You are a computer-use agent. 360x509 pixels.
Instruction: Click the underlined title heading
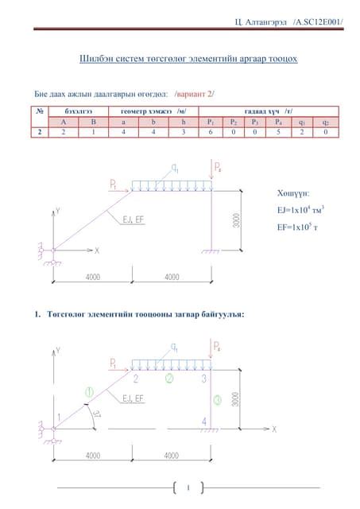click(188, 59)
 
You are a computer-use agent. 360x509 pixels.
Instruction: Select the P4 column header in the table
click(277, 122)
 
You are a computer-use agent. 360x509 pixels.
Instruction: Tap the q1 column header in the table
click(302, 122)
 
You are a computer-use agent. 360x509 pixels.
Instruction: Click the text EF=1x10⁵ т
click(295, 229)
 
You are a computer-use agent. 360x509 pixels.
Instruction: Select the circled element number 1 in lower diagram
click(89, 391)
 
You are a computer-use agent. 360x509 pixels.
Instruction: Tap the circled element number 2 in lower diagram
click(168, 379)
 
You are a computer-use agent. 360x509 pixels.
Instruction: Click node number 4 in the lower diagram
click(205, 422)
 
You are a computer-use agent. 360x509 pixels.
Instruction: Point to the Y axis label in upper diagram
click(57, 212)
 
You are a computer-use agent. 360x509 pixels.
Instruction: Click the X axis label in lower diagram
click(274, 429)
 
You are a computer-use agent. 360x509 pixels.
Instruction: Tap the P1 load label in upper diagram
click(114, 185)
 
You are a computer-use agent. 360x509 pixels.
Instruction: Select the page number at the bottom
click(188, 488)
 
